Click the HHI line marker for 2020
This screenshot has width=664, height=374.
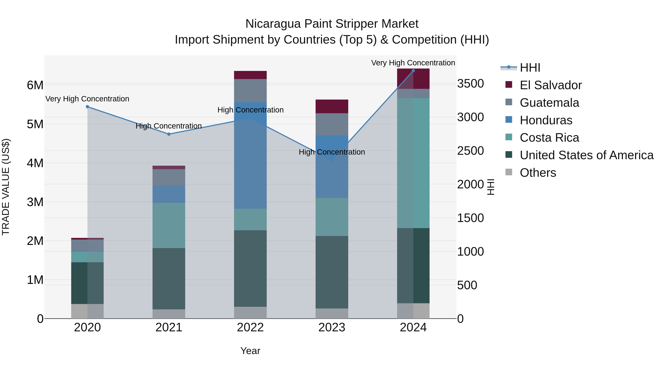coord(87,107)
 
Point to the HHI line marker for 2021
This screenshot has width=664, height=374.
coord(169,134)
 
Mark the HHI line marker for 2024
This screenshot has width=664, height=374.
coord(413,71)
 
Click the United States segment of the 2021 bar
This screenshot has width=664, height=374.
coord(169,279)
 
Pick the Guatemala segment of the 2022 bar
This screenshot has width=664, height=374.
coord(250,90)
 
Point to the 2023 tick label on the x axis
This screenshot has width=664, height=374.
coord(332,327)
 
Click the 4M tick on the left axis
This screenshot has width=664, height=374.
coord(35,163)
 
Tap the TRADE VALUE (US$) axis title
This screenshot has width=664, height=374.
coord(6,187)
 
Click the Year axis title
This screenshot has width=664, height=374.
coord(250,351)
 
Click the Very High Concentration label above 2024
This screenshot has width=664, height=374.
coord(413,63)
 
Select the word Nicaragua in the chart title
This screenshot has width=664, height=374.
coord(273,24)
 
